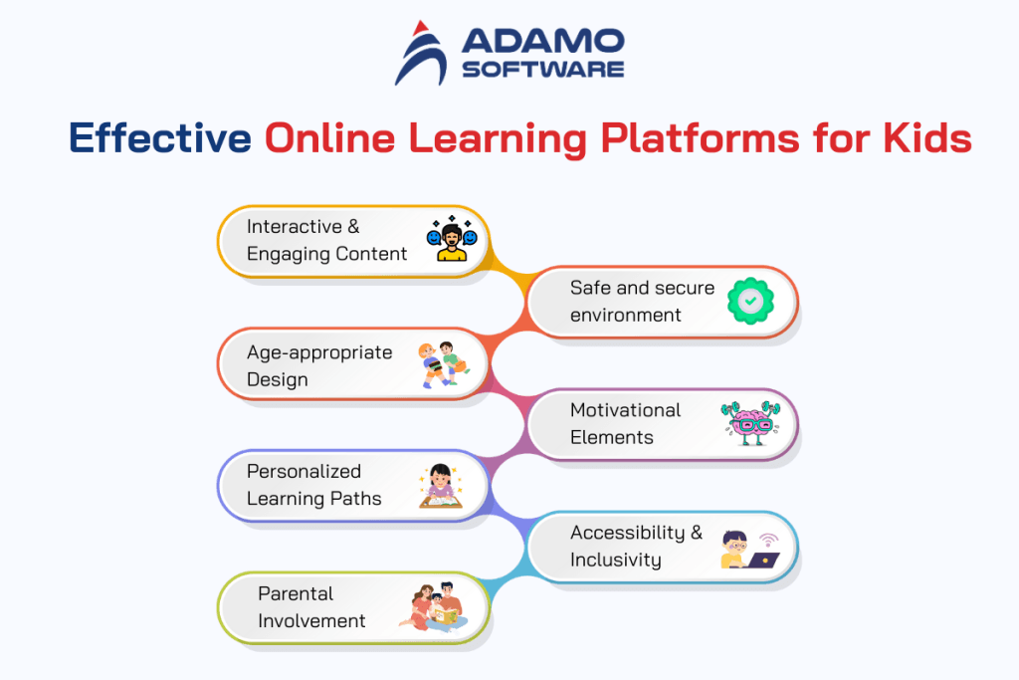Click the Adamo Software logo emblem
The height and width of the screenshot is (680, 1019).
pos(421,54)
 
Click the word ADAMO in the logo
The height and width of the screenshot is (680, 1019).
pos(542,42)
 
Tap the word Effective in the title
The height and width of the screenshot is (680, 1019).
pos(159,138)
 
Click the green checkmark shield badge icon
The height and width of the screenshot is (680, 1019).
pos(751,300)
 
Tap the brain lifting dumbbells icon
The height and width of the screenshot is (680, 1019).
pos(751,423)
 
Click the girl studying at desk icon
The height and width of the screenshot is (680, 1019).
pos(441,485)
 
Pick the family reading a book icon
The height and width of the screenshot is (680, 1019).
pos(437,606)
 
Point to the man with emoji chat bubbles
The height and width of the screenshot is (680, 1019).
pos(452,240)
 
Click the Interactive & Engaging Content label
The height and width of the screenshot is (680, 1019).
pos(326,240)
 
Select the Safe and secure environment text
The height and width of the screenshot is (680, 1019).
pos(642,301)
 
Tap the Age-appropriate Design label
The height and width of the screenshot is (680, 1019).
pos(319,365)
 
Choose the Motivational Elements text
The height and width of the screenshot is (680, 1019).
pos(625,423)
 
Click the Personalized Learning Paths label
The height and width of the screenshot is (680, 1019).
pos(313,485)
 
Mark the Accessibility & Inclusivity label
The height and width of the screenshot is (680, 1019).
pos(636,546)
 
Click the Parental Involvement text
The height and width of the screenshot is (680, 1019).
pos(311,606)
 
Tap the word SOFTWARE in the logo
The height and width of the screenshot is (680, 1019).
pos(542,69)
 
